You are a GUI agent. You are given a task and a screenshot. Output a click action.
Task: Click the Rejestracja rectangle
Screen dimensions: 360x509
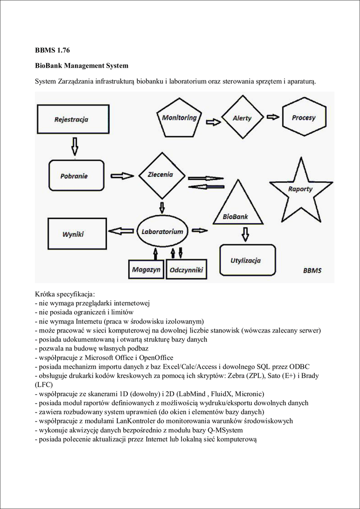click(x=71, y=119)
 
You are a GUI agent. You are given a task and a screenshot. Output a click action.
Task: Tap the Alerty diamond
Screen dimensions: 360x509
click(x=242, y=118)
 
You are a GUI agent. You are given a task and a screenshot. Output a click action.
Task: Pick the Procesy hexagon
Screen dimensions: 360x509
click(x=303, y=118)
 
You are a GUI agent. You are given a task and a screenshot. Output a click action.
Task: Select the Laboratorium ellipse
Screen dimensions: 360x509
click(x=162, y=232)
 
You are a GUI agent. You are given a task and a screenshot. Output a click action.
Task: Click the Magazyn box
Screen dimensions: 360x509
click(x=146, y=269)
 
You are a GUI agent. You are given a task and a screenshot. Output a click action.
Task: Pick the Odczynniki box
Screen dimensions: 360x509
click(x=185, y=269)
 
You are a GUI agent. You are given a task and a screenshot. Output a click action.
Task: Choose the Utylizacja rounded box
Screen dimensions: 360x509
click(x=247, y=260)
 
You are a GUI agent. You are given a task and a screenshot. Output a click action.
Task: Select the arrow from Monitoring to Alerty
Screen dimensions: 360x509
click(x=213, y=121)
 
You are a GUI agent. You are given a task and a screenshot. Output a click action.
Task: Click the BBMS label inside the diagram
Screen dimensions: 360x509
click(x=312, y=270)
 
